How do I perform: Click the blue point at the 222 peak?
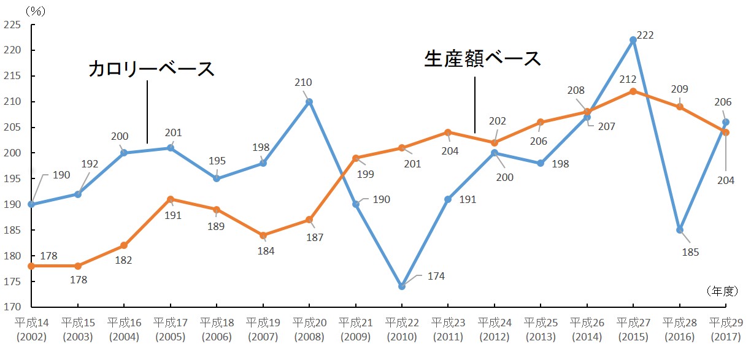click(x=633, y=40)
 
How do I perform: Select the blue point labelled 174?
click(x=401, y=286)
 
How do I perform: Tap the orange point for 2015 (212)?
click(x=633, y=91)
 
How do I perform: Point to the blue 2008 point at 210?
click(x=309, y=102)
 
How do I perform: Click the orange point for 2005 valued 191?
click(x=170, y=199)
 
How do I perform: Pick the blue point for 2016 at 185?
click(x=680, y=230)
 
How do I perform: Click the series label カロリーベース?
click(x=152, y=68)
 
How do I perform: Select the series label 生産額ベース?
click(x=483, y=58)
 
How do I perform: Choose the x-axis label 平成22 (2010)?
click(x=401, y=329)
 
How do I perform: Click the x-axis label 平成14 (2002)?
click(x=31, y=329)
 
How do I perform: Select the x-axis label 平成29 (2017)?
click(x=725, y=329)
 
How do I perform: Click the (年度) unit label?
click(x=721, y=291)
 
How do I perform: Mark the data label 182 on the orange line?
click(x=123, y=260)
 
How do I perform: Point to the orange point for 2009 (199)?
click(x=355, y=158)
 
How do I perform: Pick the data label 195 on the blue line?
click(x=217, y=161)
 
